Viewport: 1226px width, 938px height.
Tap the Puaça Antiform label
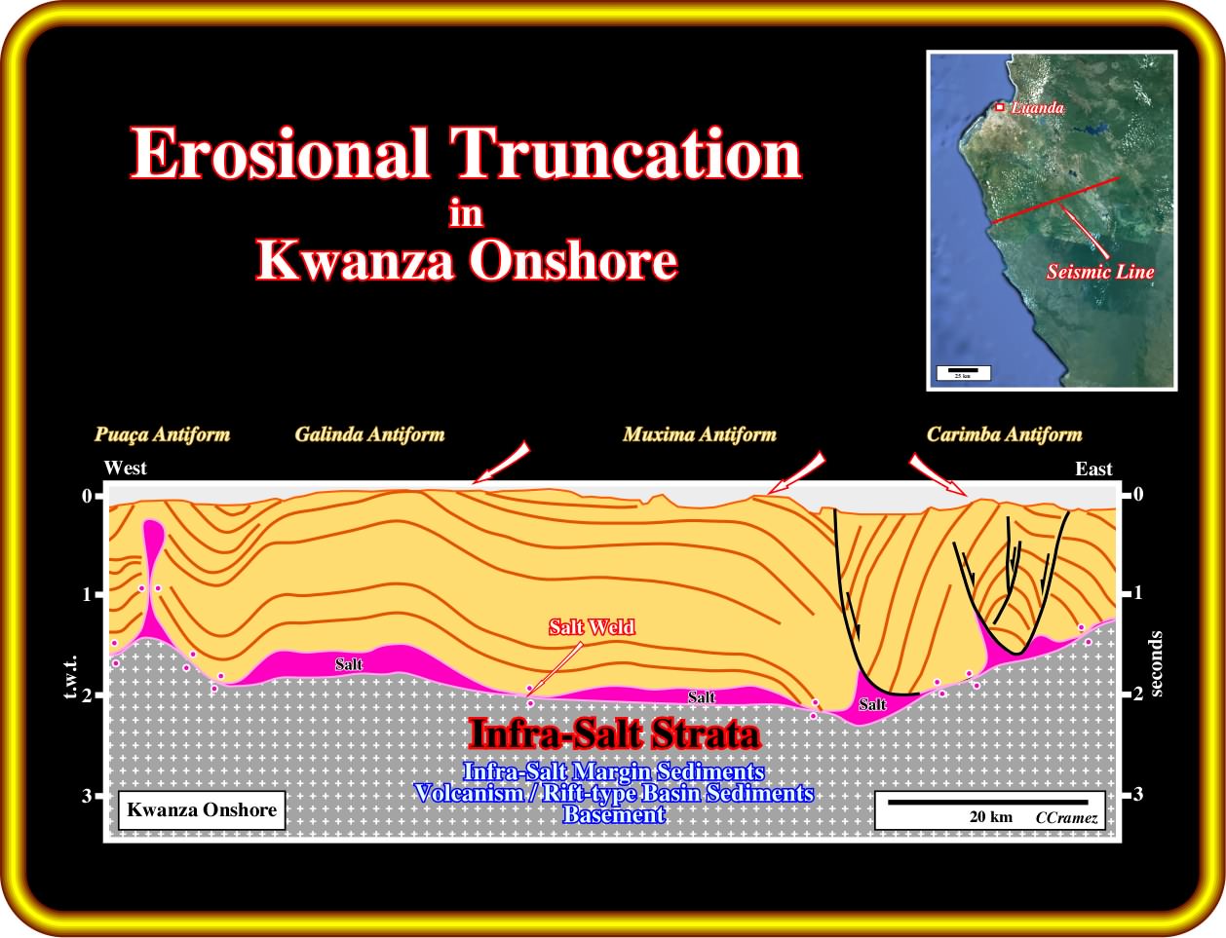pos(162,435)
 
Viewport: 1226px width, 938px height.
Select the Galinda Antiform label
pos(369,434)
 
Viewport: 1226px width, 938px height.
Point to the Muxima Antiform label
pos(700,434)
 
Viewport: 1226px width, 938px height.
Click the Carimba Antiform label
pos(1004,434)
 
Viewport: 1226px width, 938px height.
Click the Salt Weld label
pos(592,627)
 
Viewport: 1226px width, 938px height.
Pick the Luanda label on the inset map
pos(1037,108)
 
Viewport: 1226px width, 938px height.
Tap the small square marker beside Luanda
pos(1000,107)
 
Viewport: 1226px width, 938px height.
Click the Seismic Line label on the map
pos(1100,272)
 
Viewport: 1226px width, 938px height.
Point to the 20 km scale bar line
pos(988,802)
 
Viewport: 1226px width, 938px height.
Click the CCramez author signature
pos(1066,818)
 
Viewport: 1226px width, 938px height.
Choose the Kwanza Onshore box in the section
pos(202,810)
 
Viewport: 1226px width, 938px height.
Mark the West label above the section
pos(126,468)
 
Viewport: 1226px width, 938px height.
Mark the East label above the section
pos(1093,469)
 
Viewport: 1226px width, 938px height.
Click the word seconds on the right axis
pos(1156,664)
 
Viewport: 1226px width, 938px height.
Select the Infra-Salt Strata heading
pos(614,734)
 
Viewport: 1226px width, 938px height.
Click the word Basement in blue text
pos(614,815)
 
